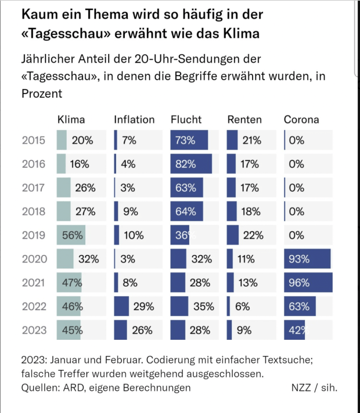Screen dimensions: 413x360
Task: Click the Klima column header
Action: coord(71,120)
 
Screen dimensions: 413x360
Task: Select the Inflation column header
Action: coord(134,120)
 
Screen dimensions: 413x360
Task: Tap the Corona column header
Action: coord(301,120)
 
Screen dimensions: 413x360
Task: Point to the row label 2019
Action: coord(34,235)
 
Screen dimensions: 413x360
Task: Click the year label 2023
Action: coord(34,330)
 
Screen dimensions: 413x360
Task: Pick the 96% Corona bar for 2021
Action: coord(308,283)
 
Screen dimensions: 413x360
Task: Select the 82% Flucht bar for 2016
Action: coord(191,164)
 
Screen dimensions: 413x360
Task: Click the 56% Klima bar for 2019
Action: coord(71,235)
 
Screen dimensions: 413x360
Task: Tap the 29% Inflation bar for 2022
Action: coord(121,306)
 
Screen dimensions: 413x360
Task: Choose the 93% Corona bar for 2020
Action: coord(307,259)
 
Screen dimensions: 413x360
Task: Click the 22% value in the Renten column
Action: coord(254,235)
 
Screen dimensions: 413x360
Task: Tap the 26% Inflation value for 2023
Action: coord(142,330)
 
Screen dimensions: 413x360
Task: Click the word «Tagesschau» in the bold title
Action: coord(66,34)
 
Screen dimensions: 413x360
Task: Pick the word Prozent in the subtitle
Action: coord(41,93)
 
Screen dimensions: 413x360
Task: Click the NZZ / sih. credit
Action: coord(314,387)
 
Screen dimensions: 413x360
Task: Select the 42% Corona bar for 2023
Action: coord(296,330)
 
